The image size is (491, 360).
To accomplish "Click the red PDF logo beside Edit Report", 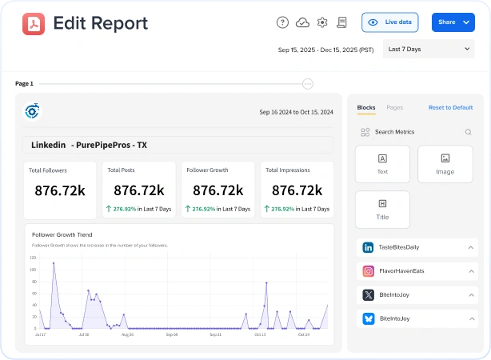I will [34, 23].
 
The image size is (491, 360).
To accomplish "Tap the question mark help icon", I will [282, 22].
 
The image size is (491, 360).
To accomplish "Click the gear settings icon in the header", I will [322, 22].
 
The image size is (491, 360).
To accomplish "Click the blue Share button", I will [453, 22].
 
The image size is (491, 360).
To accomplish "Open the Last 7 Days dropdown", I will [429, 50].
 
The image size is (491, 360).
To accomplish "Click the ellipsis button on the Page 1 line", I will [308, 83].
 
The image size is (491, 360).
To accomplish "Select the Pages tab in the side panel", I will [394, 107].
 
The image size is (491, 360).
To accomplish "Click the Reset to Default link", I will [450, 107].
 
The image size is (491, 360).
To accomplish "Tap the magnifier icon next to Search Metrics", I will [469, 132].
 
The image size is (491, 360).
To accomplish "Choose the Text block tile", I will [382, 164].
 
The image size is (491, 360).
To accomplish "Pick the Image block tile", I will [445, 164].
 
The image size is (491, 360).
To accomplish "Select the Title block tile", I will [382, 209].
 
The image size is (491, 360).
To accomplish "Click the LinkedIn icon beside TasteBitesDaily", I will [369, 248].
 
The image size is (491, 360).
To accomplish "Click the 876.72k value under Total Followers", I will [61, 190].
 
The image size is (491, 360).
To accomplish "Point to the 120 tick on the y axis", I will [33, 258].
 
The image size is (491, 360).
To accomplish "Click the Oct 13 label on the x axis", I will [260, 334].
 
